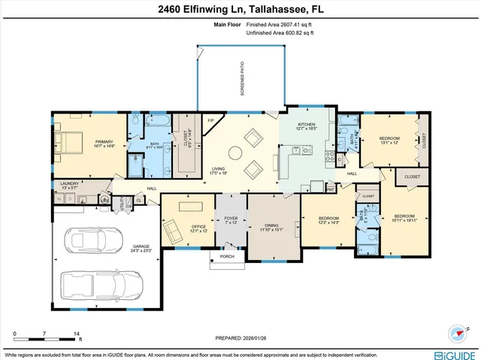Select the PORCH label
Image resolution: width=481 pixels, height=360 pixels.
227,256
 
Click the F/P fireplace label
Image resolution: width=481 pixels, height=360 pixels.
211,120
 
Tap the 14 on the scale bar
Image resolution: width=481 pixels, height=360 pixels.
76,333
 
